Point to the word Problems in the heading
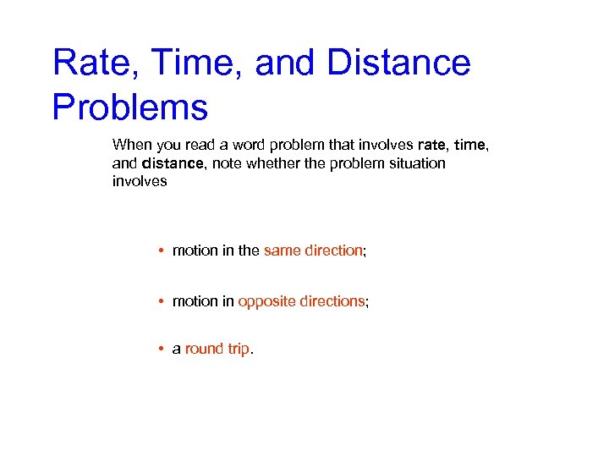click(x=129, y=107)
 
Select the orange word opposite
click(x=265, y=301)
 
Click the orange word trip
click(x=238, y=349)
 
